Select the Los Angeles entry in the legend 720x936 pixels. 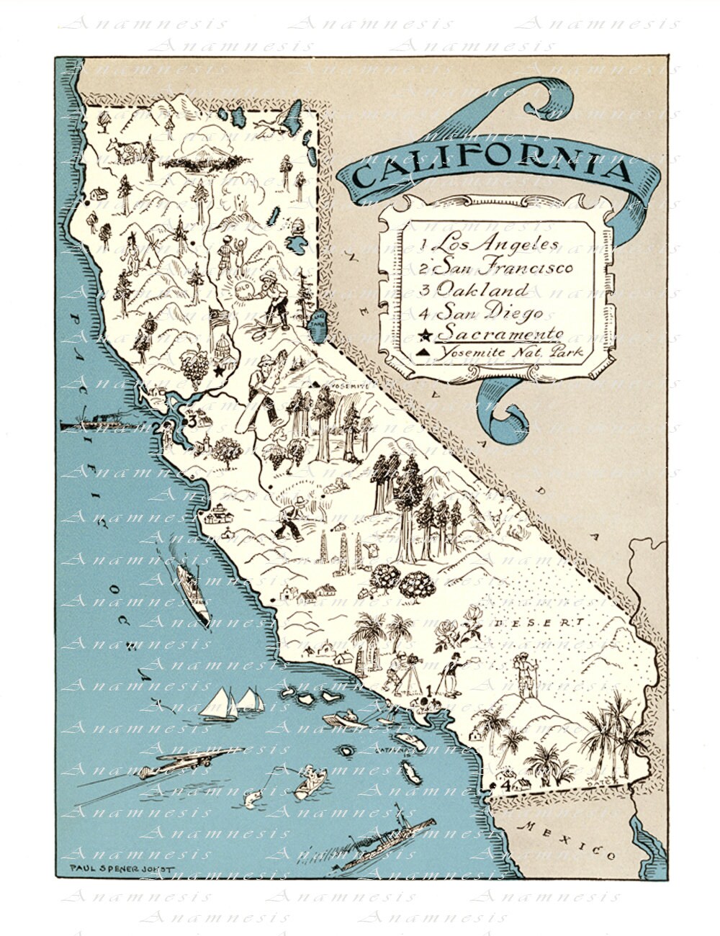pyautogui.click(x=500, y=243)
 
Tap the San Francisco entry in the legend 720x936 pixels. pyautogui.click(x=507, y=267)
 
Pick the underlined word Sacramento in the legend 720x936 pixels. pyautogui.click(x=500, y=333)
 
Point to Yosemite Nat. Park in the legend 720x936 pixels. pyautogui.click(x=513, y=353)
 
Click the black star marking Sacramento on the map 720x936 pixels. pyautogui.click(x=219, y=371)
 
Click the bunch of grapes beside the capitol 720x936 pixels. pyautogui.click(x=194, y=364)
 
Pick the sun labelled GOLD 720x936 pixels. pyautogui.click(x=243, y=288)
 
